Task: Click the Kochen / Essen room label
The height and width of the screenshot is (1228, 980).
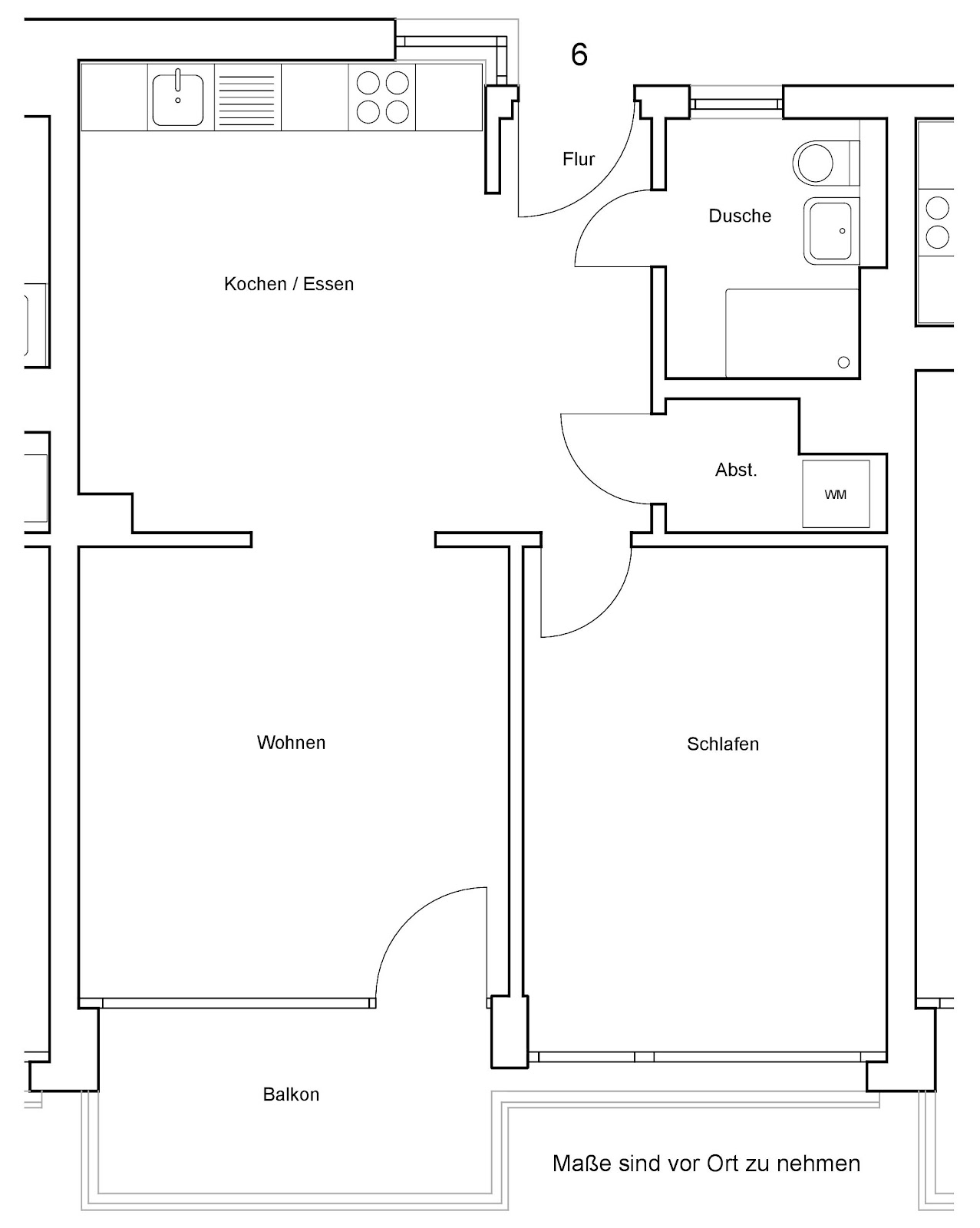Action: click(289, 284)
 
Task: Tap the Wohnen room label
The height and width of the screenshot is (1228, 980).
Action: click(291, 742)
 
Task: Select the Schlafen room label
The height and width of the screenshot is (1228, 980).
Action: click(723, 744)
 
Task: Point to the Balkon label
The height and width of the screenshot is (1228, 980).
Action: click(291, 1094)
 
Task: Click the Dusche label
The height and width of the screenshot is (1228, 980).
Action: click(740, 216)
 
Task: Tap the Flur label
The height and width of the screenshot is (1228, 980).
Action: click(579, 159)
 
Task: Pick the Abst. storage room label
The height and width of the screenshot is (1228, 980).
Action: click(736, 470)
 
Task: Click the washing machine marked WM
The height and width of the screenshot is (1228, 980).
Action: click(836, 494)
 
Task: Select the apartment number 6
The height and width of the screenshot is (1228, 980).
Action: click(579, 54)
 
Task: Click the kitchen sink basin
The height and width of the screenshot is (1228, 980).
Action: click(178, 100)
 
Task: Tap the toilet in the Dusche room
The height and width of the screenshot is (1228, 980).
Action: click(826, 163)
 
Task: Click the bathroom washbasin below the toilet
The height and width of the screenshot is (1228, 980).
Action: click(831, 230)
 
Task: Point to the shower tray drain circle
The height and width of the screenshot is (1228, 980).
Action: click(843, 361)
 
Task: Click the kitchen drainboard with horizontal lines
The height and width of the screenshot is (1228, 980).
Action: click(247, 97)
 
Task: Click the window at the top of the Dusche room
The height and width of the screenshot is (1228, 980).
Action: click(736, 104)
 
